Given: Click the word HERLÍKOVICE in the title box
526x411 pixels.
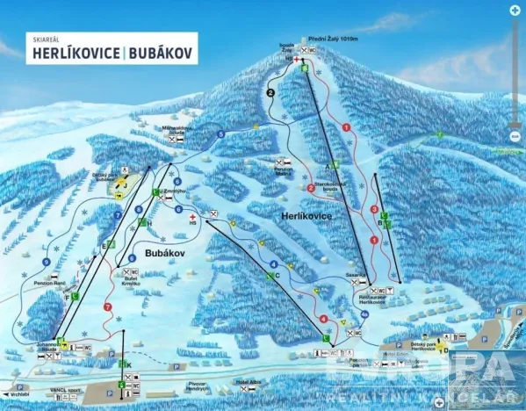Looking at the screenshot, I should [77, 53].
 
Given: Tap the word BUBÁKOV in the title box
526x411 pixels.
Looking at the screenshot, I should [162, 53].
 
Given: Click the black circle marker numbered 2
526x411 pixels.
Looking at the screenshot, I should [270, 91].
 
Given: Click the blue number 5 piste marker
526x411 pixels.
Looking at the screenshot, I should [220, 133].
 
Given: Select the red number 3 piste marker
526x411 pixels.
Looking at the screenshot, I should [375, 209].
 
